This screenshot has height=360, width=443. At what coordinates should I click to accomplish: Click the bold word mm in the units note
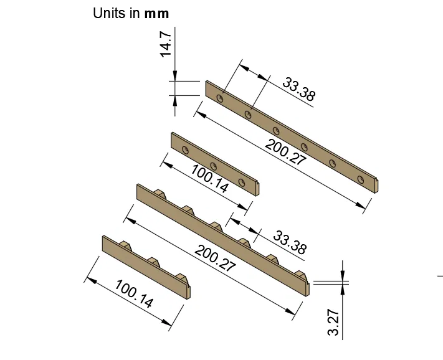156,13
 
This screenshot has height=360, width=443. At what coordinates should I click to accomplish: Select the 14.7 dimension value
166,45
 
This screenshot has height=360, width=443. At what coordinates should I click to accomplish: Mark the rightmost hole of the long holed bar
360,179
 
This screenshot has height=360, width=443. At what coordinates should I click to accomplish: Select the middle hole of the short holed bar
214,166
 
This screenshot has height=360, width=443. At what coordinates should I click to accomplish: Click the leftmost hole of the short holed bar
186,149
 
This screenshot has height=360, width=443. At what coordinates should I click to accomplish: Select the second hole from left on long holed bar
249,114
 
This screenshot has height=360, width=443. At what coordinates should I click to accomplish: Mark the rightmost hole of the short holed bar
242,182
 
